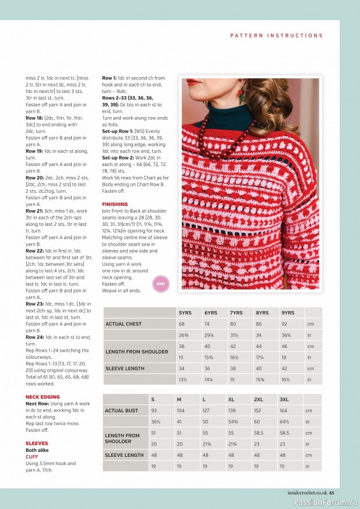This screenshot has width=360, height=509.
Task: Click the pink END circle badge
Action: coord(161,284)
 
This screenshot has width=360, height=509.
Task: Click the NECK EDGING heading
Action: coord(43,396)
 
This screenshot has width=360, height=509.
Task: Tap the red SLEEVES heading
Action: coord(36,443)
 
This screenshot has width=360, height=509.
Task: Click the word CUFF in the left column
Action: coord(32,456)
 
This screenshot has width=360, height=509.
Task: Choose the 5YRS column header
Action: coord(185,313)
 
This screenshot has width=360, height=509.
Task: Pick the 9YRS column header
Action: coord(288,313)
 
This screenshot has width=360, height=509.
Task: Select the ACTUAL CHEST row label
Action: coord(123,324)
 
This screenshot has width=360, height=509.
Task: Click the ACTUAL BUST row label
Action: coord(121,410)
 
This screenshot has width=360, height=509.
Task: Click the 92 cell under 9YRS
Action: coord(284,324)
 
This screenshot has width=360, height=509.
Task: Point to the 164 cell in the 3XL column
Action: coord(283,410)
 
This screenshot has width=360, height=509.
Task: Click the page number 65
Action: coord(340,491)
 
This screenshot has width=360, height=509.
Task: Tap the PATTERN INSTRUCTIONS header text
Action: coord(277,36)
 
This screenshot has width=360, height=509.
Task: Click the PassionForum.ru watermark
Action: coord(324,502)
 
